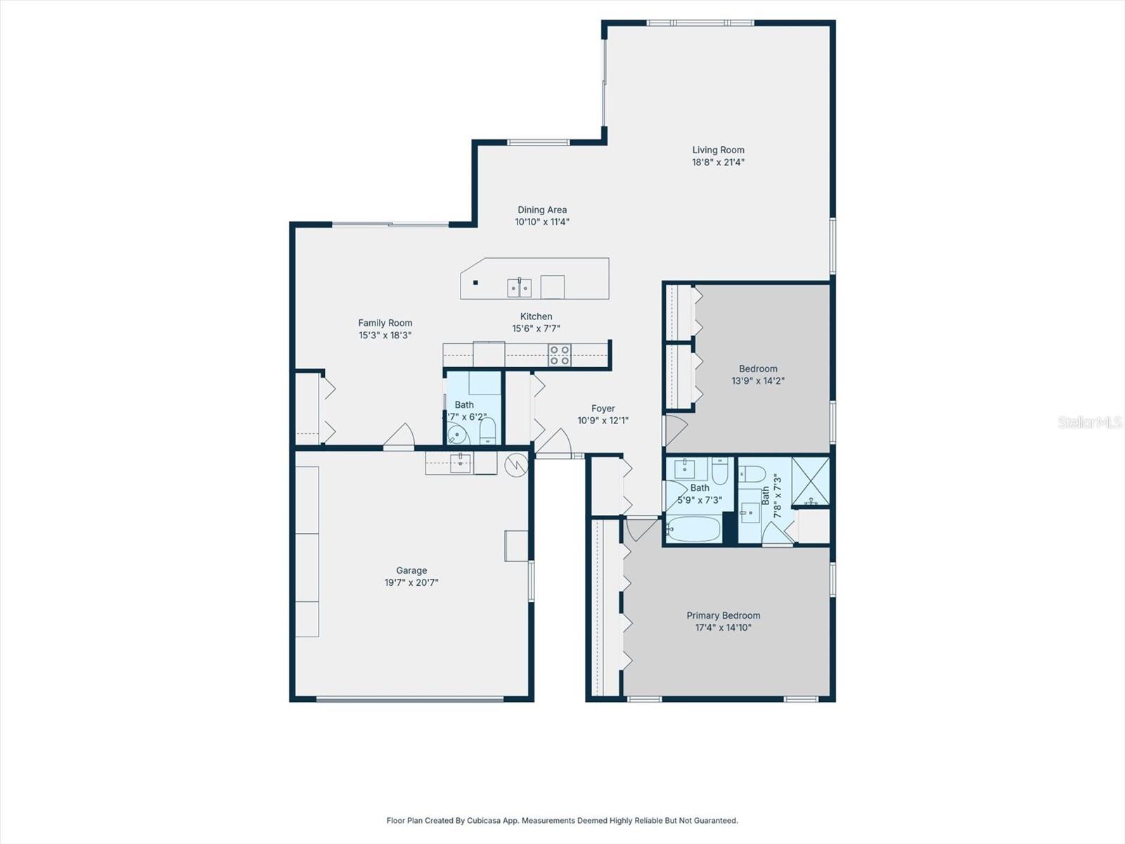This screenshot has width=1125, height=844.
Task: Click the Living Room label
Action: (718, 150)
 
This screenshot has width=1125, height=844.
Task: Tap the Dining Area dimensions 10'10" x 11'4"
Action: (541, 222)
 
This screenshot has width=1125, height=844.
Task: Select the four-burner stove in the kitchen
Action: (560, 354)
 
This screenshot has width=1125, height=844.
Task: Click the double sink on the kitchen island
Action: (520, 287)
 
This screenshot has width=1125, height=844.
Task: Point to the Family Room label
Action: (385, 324)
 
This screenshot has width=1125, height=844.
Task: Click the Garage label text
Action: (411, 570)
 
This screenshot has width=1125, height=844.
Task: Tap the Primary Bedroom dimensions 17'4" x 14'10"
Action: (723, 627)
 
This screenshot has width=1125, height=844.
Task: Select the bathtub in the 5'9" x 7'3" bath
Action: (693, 529)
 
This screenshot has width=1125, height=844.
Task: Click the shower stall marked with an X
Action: (811, 482)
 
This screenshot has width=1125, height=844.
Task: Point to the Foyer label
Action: (603, 409)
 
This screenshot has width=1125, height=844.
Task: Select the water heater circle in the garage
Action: (516, 466)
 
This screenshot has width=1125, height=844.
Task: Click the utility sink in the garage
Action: (460, 463)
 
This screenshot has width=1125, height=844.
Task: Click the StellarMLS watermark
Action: (1089, 422)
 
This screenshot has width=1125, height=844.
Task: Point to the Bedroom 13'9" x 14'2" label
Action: (758, 369)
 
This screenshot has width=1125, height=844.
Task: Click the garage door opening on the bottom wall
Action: (410, 698)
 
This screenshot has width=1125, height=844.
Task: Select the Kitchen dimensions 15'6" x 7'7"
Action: (536, 328)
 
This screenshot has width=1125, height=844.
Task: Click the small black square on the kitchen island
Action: (476, 283)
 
